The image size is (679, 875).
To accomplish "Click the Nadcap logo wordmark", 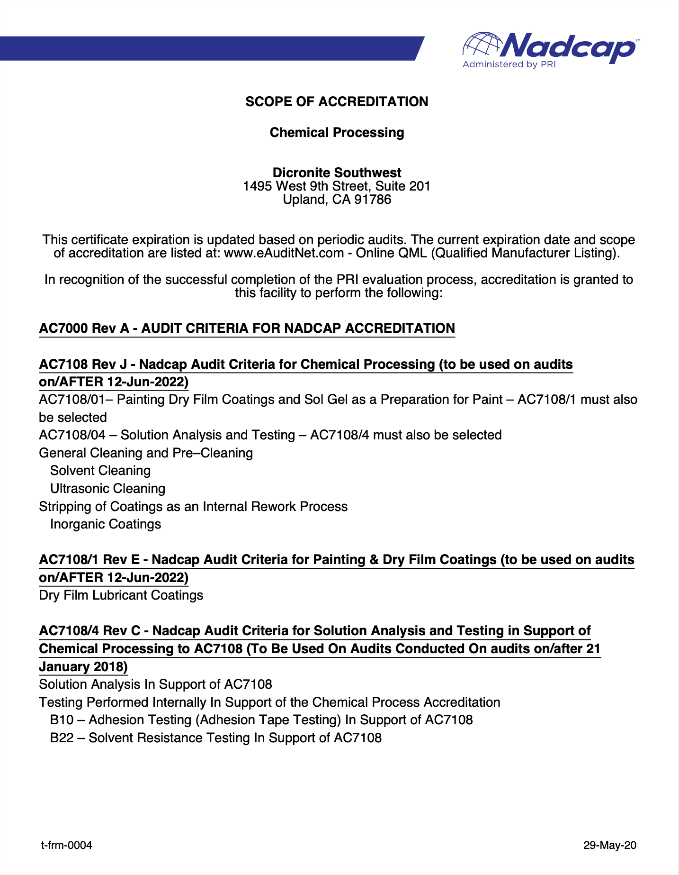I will point(568,47).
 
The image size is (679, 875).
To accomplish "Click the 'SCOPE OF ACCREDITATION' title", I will point(337,102).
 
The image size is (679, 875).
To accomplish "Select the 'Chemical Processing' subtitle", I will point(337,133).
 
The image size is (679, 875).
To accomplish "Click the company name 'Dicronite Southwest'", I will point(337,173).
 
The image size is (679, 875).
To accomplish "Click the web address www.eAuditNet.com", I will point(284,253).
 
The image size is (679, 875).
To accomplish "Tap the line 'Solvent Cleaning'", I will point(100,471).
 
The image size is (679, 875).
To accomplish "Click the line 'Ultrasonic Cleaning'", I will point(107,489).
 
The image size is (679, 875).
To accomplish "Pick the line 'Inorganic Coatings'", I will point(106,524).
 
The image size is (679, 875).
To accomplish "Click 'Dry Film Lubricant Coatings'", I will point(121,595).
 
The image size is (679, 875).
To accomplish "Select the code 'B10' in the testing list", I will point(62,720).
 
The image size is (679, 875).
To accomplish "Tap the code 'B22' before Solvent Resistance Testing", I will point(62,738).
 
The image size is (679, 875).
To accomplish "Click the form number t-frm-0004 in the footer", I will point(67,845).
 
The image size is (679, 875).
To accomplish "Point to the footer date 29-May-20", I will point(610,845).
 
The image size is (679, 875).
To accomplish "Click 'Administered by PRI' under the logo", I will point(509,64).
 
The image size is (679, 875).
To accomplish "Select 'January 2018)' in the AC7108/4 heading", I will point(83,667).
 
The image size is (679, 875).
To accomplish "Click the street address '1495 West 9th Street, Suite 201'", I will point(337,186).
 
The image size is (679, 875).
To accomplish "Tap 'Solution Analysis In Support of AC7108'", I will point(155,684).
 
